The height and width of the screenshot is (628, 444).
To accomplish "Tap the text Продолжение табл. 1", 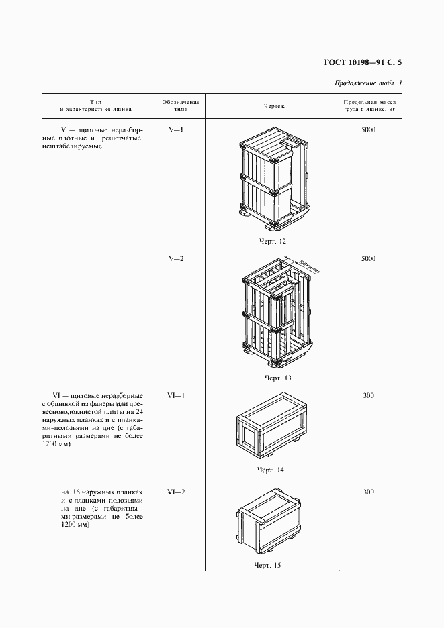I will (x=367, y=83).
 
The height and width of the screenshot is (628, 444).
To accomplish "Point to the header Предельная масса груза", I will (x=368, y=104).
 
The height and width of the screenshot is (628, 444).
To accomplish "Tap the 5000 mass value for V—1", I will (x=368, y=129).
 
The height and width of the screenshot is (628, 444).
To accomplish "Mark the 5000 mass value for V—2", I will (x=368, y=258).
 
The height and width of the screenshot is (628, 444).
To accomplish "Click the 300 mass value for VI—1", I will (x=368, y=395).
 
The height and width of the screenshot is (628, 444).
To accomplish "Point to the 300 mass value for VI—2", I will (x=368, y=492).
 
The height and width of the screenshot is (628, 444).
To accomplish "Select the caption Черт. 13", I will (x=277, y=378).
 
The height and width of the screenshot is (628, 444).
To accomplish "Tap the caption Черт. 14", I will (x=270, y=470).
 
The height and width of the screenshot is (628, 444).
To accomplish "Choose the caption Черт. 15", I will (x=267, y=565).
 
